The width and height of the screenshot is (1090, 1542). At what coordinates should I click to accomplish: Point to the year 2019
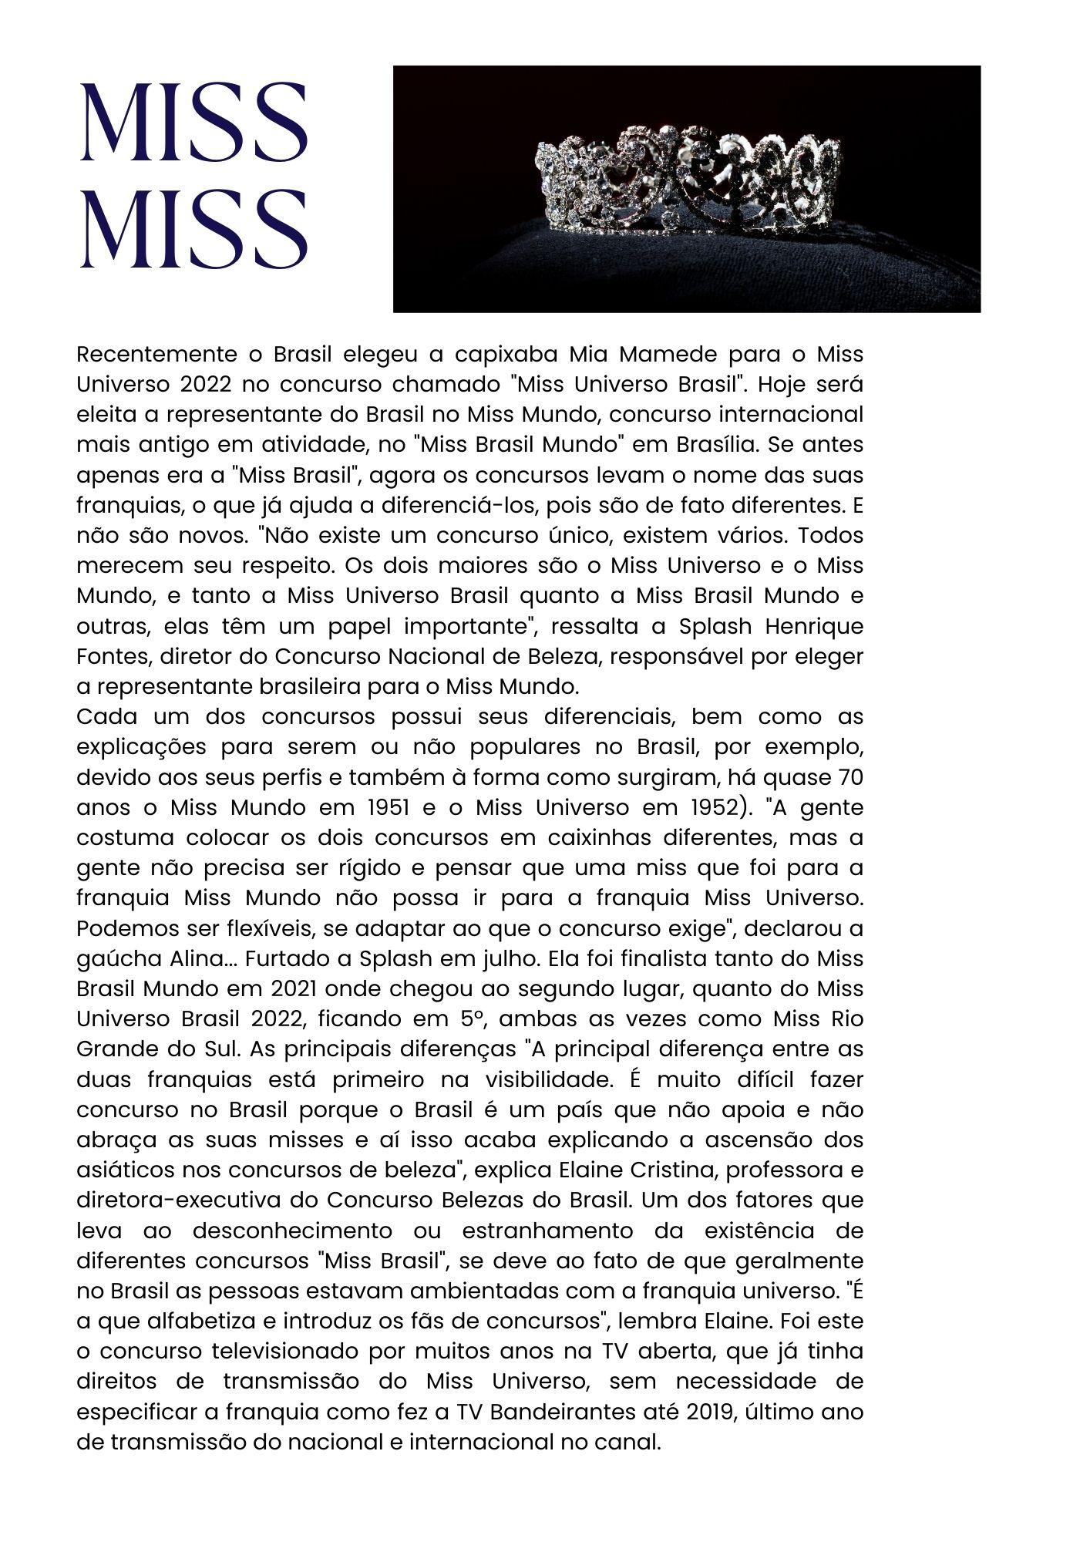(695, 1412)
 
